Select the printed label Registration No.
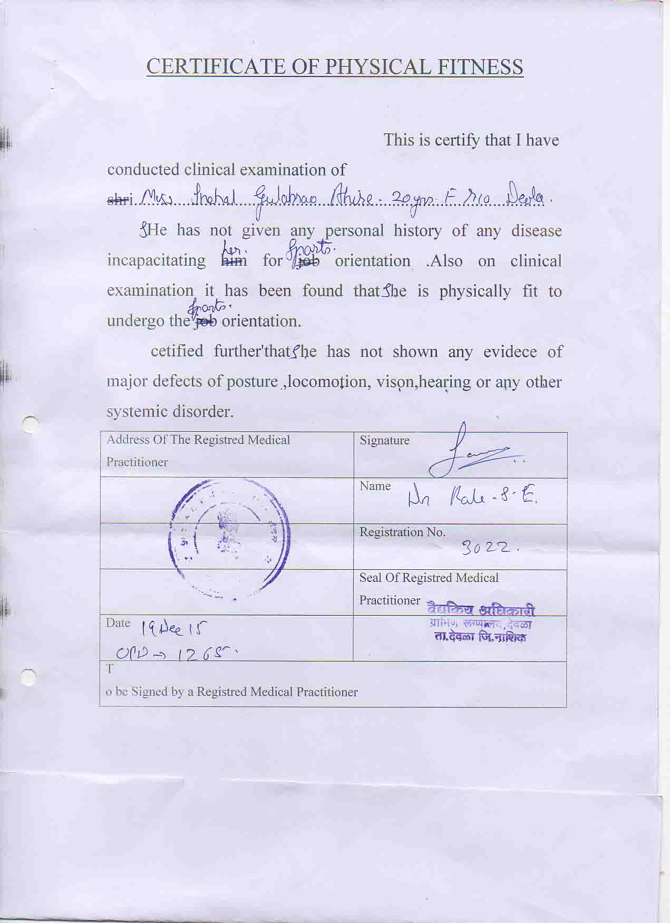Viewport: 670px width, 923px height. pyautogui.click(x=402, y=532)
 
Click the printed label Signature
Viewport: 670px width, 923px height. pyautogui.click(x=384, y=440)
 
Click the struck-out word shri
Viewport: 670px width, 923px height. pyautogui.click(x=118, y=200)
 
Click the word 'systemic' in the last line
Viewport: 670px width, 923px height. pyautogui.click(x=136, y=411)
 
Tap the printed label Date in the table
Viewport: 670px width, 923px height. pyautogui.click(x=118, y=623)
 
